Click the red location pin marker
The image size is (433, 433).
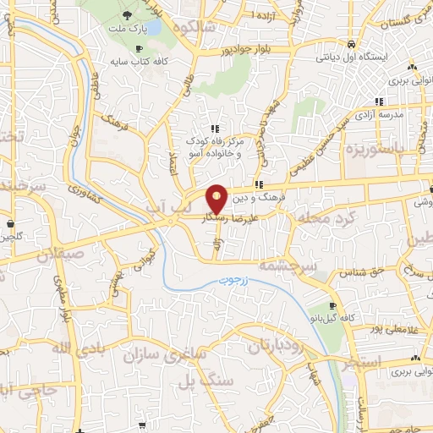[x=216, y=198]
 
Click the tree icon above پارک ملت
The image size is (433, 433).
[x=127, y=14]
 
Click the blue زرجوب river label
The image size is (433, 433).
[x=238, y=299]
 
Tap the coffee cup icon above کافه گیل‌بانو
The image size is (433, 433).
[x=332, y=305]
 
